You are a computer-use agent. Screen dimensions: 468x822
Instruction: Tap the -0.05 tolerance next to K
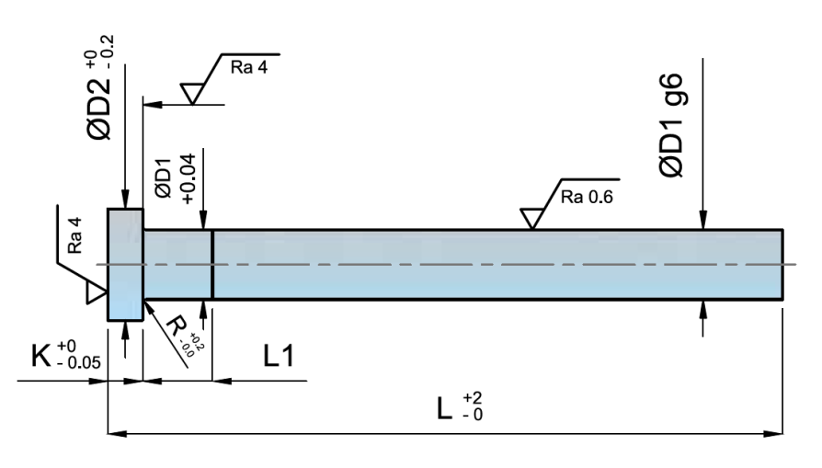(77, 362)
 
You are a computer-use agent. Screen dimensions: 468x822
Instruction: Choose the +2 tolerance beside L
(473, 397)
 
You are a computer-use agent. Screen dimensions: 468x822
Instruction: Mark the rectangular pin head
(125, 264)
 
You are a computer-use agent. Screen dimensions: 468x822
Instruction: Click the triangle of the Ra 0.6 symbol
(531, 218)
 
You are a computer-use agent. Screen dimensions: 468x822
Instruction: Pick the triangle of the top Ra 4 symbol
(193, 93)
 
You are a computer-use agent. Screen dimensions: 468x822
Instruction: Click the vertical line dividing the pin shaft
(212, 264)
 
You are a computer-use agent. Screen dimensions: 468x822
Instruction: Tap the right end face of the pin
(782, 264)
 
